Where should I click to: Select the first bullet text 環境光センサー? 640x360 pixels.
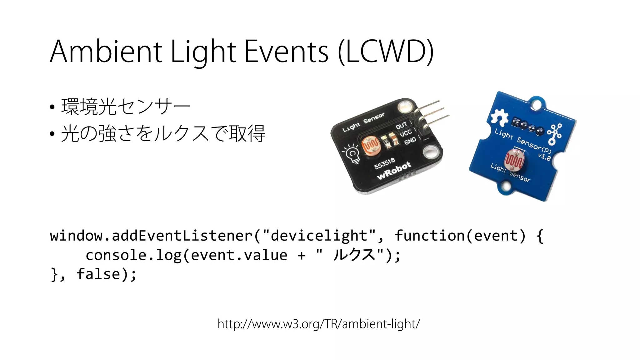coord(126,107)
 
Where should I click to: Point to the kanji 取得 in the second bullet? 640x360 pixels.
coord(247,133)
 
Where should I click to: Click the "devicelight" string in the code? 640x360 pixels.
coord(319,236)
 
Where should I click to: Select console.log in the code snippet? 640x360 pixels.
coord(133,255)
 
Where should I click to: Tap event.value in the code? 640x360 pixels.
coord(239,255)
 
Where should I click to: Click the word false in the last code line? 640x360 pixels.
coord(98,274)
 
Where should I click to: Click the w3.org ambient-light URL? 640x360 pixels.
coord(319,324)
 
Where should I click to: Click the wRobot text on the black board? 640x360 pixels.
coord(394,171)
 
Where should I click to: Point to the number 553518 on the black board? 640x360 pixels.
coord(385,163)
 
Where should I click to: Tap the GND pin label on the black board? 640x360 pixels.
coord(410,141)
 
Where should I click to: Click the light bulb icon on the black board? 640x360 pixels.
coord(352,153)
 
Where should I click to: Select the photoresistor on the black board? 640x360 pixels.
coord(371,145)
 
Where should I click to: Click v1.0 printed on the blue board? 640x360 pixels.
coord(544,156)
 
